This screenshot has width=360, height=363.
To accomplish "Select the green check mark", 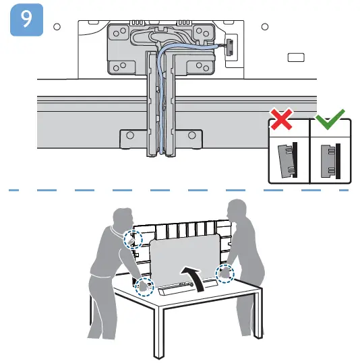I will [329, 123].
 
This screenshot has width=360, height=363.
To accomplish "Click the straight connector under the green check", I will [330, 159].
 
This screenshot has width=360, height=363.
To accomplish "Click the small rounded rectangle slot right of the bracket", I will [296, 58].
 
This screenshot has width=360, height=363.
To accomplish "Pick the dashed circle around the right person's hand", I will [224, 273].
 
